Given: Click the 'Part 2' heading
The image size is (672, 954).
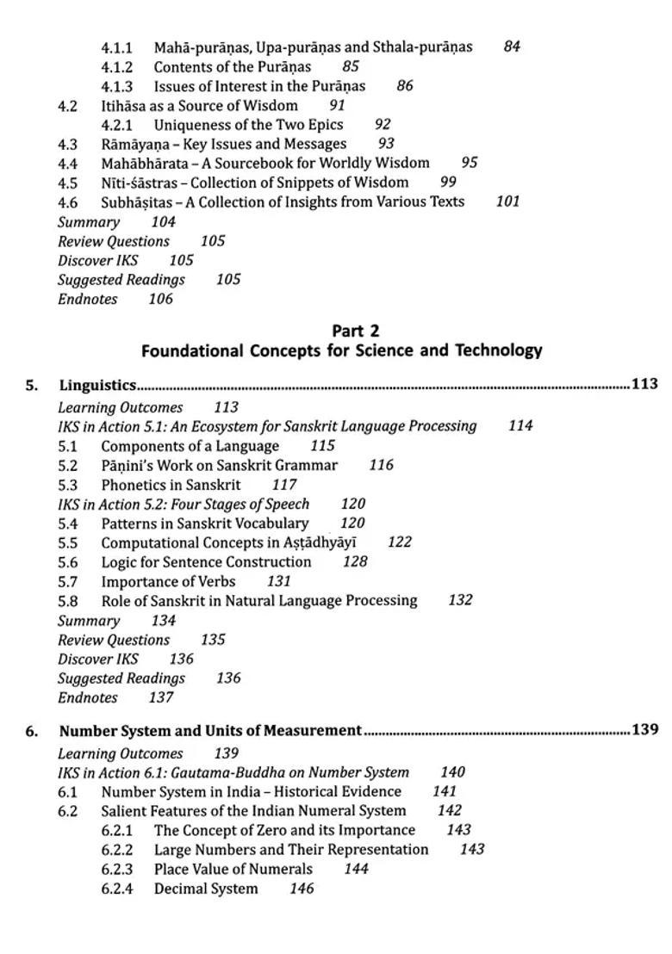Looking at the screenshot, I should pyautogui.click(x=355, y=331).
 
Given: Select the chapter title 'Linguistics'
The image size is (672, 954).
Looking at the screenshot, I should pyautogui.click(x=97, y=385).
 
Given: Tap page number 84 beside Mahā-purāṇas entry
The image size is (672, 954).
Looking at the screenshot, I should pyautogui.click(x=512, y=46).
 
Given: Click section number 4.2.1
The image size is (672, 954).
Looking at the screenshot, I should pyautogui.click(x=116, y=125).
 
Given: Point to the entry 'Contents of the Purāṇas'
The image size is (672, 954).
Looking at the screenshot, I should pyautogui.click(x=232, y=66).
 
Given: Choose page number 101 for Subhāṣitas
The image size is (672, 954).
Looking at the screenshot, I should pyautogui.click(x=507, y=201).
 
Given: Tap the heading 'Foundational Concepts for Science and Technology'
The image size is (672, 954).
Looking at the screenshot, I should pyautogui.click(x=341, y=350).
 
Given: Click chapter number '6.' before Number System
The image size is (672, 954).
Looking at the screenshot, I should pyautogui.click(x=32, y=731).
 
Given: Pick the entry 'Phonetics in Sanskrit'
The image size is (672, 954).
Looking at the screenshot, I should pyautogui.click(x=171, y=485).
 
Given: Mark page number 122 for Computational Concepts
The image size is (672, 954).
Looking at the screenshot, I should pyautogui.click(x=400, y=542).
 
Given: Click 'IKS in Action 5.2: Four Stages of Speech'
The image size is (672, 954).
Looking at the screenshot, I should pyautogui.click(x=183, y=504).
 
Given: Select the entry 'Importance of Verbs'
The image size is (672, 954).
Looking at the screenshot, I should pyautogui.click(x=168, y=581).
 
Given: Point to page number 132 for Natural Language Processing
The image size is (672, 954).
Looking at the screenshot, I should pyautogui.click(x=460, y=600).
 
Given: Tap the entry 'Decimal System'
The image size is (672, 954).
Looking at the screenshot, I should pyautogui.click(x=205, y=889).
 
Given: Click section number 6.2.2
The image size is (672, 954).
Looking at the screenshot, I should pyautogui.click(x=116, y=850).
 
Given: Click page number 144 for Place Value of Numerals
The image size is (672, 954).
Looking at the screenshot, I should pyautogui.click(x=356, y=869).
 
